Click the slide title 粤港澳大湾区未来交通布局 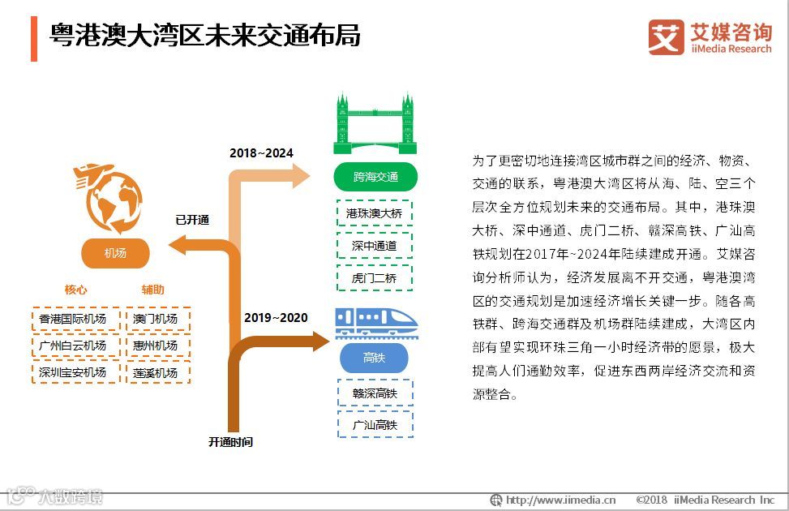[205, 36]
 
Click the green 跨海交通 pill [375, 176]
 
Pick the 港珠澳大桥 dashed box [374, 213]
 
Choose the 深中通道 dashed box [374, 245]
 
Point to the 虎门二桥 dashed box [374, 277]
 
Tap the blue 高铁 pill [374, 358]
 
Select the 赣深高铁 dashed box [374, 393]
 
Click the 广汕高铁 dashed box [374, 424]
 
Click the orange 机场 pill [115, 253]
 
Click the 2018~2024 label [261, 152]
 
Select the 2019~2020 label [276, 317]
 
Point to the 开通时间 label [230, 442]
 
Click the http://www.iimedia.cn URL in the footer [560, 500]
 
